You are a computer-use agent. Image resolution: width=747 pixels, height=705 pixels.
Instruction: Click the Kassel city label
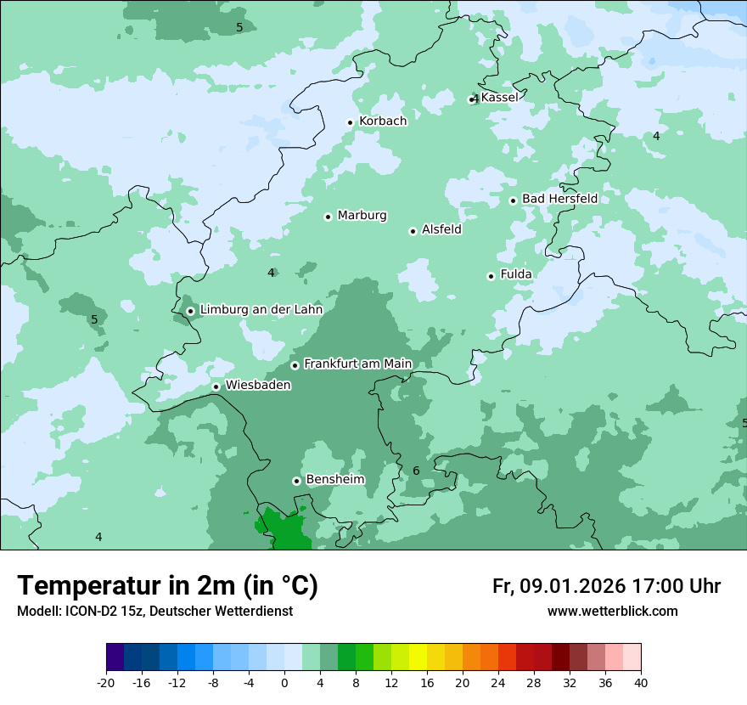point(499,98)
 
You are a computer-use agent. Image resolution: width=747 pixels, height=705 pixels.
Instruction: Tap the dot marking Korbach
point(350,122)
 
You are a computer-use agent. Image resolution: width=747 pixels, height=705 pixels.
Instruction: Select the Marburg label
point(362,216)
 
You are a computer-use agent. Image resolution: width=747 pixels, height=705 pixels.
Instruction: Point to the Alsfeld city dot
point(413,231)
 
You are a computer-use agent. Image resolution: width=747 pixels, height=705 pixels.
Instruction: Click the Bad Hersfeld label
point(559,199)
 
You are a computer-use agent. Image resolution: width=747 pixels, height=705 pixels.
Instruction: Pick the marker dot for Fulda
point(491,276)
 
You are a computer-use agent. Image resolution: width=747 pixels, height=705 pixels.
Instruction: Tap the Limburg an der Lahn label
point(261,310)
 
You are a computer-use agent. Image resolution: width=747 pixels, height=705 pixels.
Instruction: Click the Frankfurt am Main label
point(357,364)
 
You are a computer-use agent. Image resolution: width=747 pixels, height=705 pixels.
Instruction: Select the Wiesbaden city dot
point(216,386)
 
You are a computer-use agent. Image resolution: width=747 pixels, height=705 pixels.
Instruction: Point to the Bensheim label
point(334,480)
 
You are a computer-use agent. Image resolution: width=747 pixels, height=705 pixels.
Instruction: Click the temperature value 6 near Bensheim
point(416,471)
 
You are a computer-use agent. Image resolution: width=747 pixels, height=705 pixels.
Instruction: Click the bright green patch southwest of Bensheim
point(285,531)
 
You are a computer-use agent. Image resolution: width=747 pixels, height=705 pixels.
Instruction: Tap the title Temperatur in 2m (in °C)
point(167,586)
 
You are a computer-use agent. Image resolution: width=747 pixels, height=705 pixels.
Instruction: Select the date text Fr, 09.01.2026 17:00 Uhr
point(606,586)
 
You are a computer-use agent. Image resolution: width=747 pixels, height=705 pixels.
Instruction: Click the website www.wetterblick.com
point(612,611)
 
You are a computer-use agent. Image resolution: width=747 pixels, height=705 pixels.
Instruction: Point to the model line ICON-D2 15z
point(154,611)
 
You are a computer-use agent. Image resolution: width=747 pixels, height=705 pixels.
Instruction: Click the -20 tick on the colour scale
point(106,683)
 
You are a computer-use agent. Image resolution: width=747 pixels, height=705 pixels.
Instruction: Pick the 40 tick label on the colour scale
point(640,683)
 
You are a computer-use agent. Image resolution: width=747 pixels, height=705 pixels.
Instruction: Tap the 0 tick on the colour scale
point(284,683)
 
